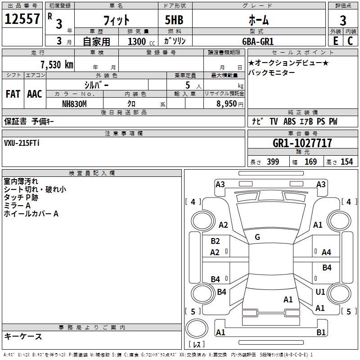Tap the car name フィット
click(x=117, y=20)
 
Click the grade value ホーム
click(x=258, y=20)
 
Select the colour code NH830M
click(x=74, y=103)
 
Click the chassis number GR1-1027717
click(x=302, y=143)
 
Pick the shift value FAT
click(x=13, y=94)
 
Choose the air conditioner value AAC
click(x=34, y=94)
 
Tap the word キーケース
click(x=23, y=336)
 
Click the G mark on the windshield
click(x=257, y=237)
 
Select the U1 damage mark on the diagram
click(x=320, y=292)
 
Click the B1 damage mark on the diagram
click(x=321, y=333)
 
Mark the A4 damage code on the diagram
click(x=326, y=252)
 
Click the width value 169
click(x=310, y=162)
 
